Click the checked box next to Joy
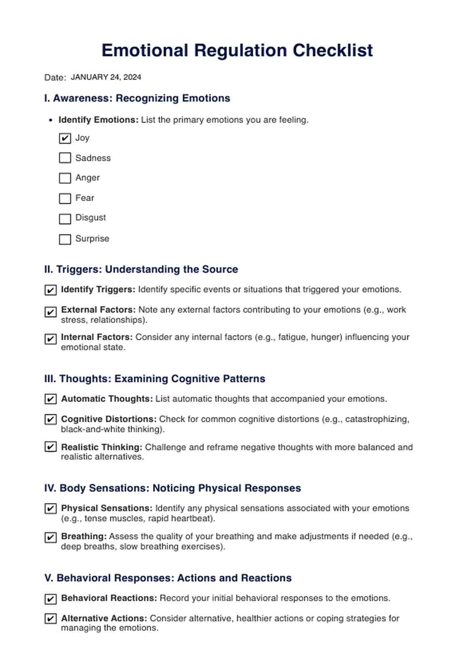[x=65, y=138]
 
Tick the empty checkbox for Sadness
[x=65, y=158]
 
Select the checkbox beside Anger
[x=65, y=178]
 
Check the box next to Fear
[x=65, y=198]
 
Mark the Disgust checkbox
[x=65, y=218]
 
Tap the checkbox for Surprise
[x=65, y=239]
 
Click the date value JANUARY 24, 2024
[x=106, y=77]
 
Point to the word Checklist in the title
[x=332, y=50]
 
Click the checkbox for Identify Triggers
[x=50, y=290]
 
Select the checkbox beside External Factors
[x=50, y=312]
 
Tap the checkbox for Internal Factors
[x=50, y=338]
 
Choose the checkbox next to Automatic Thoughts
[x=50, y=399]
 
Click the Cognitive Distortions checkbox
[x=50, y=419]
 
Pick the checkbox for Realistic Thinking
[x=50, y=447]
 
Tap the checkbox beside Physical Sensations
[x=50, y=508]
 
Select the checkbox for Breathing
[x=50, y=537]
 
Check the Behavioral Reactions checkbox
[x=50, y=599]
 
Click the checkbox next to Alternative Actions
[x=50, y=618]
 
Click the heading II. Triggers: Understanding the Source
[x=141, y=269]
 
